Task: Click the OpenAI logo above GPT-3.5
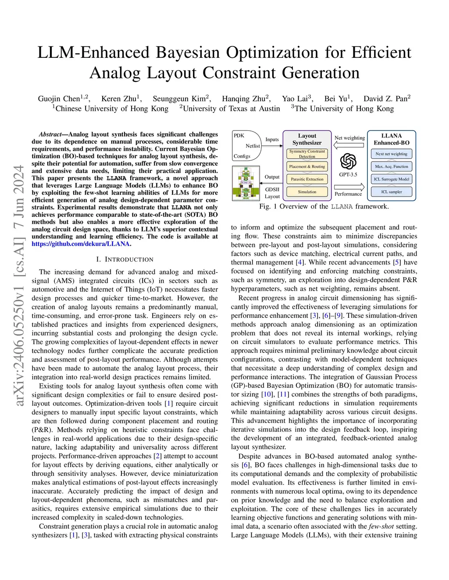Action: coord(348,161)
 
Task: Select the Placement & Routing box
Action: coord(307,166)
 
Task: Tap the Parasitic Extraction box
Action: coord(307,179)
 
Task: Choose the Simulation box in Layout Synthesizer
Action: coord(307,192)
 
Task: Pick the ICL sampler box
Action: coord(392,192)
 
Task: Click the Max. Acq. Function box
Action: coord(392,166)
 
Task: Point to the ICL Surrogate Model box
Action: coord(392,179)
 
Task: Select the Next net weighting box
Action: coord(392,154)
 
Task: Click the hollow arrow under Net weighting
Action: coord(349,145)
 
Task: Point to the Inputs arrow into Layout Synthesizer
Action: coord(272,146)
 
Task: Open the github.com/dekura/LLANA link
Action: coord(81,244)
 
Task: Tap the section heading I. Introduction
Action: coord(125,259)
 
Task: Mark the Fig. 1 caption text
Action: coord(324,206)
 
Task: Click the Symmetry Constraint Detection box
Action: coord(307,154)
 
